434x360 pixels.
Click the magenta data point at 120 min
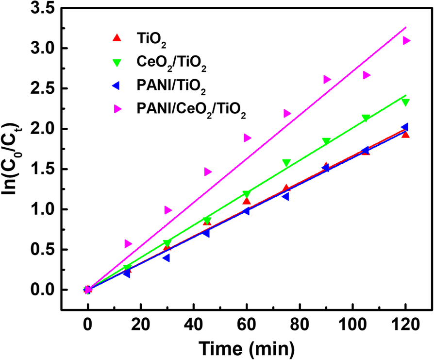click(406, 40)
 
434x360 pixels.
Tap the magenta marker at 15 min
click(128, 243)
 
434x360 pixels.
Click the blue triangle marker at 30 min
click(167, 258)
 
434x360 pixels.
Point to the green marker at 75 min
click(286, 163)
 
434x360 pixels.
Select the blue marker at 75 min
click(285, 197)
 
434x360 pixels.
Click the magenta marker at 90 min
click(327, 79)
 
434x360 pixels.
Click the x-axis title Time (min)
click(246, 348)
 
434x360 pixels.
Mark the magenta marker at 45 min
click(208, 171)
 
